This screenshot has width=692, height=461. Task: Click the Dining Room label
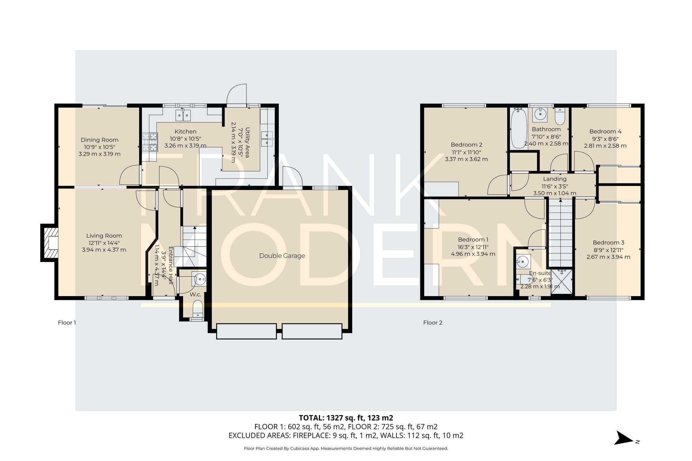tap(99, 140)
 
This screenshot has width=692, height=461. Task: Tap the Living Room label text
tap(104, 236)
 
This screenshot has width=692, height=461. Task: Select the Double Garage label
tap(282, 256)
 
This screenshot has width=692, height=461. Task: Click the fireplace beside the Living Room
tap(49, 242)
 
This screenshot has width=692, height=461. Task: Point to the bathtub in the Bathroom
tap(518, 128)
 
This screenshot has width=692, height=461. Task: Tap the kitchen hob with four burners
tap(150, 142)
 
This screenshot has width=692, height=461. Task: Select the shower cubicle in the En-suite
tap(562, 282)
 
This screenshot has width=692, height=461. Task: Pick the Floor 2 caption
tap(432, 322)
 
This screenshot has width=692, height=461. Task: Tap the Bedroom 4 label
tap(605, 131)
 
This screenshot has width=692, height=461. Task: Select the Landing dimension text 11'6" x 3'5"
tap(555, 186)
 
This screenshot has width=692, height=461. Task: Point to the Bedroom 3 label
tap(608, 242)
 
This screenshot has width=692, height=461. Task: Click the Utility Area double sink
tap(267, 139)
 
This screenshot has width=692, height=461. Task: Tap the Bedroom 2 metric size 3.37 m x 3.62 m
tap(466, 159)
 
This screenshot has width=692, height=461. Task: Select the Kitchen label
tap(185, 131)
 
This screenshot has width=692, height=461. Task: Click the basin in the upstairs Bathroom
tap(540, 114)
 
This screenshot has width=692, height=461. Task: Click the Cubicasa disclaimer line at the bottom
tap(346, 449)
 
